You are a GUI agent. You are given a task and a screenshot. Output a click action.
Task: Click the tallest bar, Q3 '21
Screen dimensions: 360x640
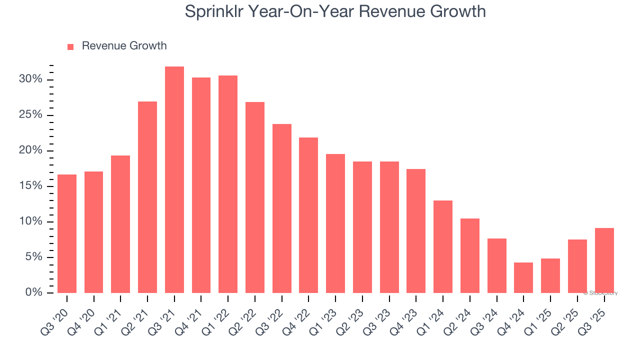(174, 180)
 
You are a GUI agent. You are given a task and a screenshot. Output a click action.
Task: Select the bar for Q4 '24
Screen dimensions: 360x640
(523, 278)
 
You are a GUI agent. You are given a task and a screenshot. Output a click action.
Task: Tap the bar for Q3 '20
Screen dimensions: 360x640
(67, 234)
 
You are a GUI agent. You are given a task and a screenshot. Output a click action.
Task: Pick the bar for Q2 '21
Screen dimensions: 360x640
(147, 197)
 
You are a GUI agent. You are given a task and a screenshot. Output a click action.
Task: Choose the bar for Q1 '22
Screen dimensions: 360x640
(228, 184)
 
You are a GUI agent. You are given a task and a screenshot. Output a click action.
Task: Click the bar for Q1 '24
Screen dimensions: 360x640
(443, 247)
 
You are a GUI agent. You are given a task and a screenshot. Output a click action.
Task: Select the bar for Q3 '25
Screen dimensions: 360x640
(604, 260)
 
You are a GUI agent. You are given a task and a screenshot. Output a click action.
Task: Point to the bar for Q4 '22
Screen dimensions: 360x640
(308, 215)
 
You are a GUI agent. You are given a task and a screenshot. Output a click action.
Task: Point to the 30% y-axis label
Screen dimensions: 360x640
(30, 79)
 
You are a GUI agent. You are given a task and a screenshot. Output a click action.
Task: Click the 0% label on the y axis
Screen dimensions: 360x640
(33, 292)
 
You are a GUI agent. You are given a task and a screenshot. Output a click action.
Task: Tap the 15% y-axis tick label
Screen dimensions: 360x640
(30, 186)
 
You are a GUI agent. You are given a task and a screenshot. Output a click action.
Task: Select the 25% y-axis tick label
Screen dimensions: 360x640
(30, 115)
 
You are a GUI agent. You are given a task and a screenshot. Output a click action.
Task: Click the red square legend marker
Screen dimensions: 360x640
(70, 46)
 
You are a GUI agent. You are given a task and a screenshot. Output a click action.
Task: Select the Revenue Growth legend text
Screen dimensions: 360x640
(124, 46)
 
